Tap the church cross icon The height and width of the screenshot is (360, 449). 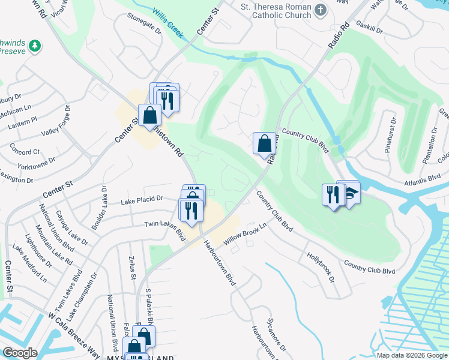[321, 9]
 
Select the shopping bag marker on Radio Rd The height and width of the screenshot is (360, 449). [264, 143]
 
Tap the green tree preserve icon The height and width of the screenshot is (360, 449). [35, 46]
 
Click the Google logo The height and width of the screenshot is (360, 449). [20, 353]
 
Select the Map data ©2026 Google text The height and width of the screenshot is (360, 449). [412, 355]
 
